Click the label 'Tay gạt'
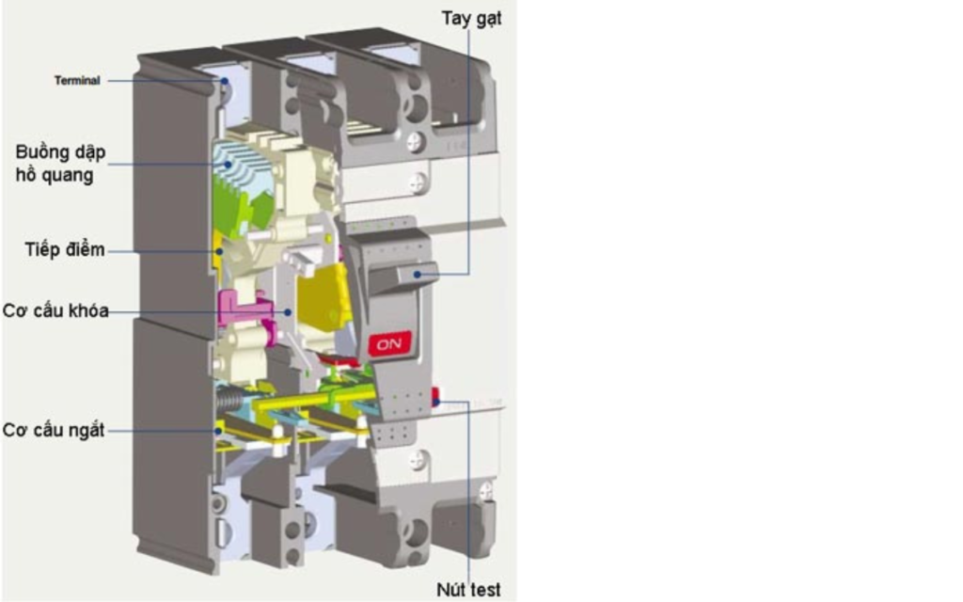pyautogui.click(x=471, y=19)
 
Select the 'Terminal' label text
pyautogui.click(x=77, y=81)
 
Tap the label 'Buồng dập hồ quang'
pyautogui.click(x=60, y=164)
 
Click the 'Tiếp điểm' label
pyautogui.click(x=65, y=249)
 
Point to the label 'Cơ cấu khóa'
pyautogui.click(x=55, y=310)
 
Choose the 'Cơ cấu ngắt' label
pyautogui.click(x=54, y=430)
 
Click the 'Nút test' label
pyautogui.click(x=468, y=590)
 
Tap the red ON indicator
pyautogui.click(x=389, y=344)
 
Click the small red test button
pyautogui.click(x=435, y=398)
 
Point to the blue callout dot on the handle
pyautogui.click(x=418, y=275)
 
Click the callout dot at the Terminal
pyautogui.click(x=225, y=81)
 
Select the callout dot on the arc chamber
pyautogui.click(x=228, y=164)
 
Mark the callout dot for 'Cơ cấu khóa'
pyautogui.click(x=288, y=312)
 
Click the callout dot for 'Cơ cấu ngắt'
pyautogui.click(x=218, y=431)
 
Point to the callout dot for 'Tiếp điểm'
pyautogui.click(x=219, y=251)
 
